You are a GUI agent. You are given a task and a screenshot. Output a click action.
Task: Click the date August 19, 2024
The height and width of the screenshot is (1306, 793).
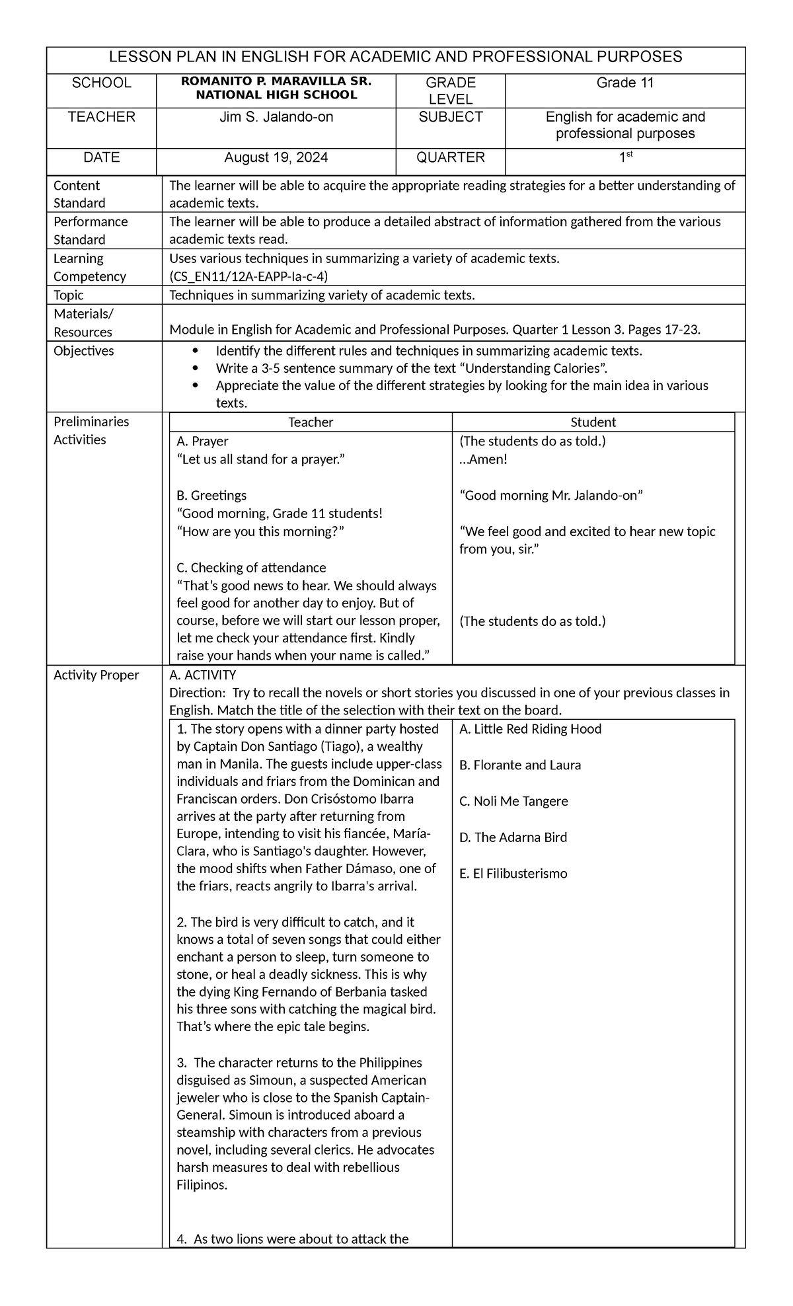pyautogui.click(x=276, y=157)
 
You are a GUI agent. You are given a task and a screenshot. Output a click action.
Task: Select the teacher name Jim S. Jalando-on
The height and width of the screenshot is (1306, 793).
pyautogui.click(x=276, y=117)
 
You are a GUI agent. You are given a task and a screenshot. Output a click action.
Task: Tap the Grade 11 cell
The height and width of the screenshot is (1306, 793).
pyautogui.click(x=624, y=83)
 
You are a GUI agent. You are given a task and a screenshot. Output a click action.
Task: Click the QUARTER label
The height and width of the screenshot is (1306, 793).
pyautogui.click(x=450, y=157)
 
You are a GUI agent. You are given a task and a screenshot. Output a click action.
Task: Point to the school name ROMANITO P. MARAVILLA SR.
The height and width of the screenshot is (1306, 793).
pyautogui.click(x=276, y=82)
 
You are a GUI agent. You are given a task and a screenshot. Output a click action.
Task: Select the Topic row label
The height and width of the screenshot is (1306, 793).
pyautogui.click(x=69, y=295)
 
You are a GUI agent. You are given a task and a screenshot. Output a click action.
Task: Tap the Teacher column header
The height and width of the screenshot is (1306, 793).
pyautogui.click(x=311, y=422)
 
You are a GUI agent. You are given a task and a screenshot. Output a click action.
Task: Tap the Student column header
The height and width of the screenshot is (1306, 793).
pyautogui.click(x=593, y=422)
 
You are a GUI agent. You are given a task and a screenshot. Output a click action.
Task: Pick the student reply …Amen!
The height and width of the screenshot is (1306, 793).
pyautogui.click(x=483, y=459)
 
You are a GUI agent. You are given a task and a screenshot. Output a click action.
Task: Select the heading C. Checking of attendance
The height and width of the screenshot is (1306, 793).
pyautogui.click(x=251, y=567)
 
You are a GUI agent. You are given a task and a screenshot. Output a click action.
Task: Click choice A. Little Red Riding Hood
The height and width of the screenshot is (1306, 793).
pyautogui.click(x=530, y=729)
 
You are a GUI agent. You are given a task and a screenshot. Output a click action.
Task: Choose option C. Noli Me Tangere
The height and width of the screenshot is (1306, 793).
pyautogui.click(x=513, y=801)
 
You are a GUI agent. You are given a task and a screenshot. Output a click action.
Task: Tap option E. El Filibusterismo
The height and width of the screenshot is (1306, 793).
pyautogui.click(x=513, y=874)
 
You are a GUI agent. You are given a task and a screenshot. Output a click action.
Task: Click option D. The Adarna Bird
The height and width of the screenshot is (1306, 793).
pyautogui.click(x=513, y=837)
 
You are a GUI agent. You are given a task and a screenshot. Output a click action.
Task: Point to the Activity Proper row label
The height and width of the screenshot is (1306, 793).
pyautogui.click(x=96, y=675)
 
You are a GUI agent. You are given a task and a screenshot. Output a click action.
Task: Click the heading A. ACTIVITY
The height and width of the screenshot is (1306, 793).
pyautogui.click(x=202, y=675)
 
